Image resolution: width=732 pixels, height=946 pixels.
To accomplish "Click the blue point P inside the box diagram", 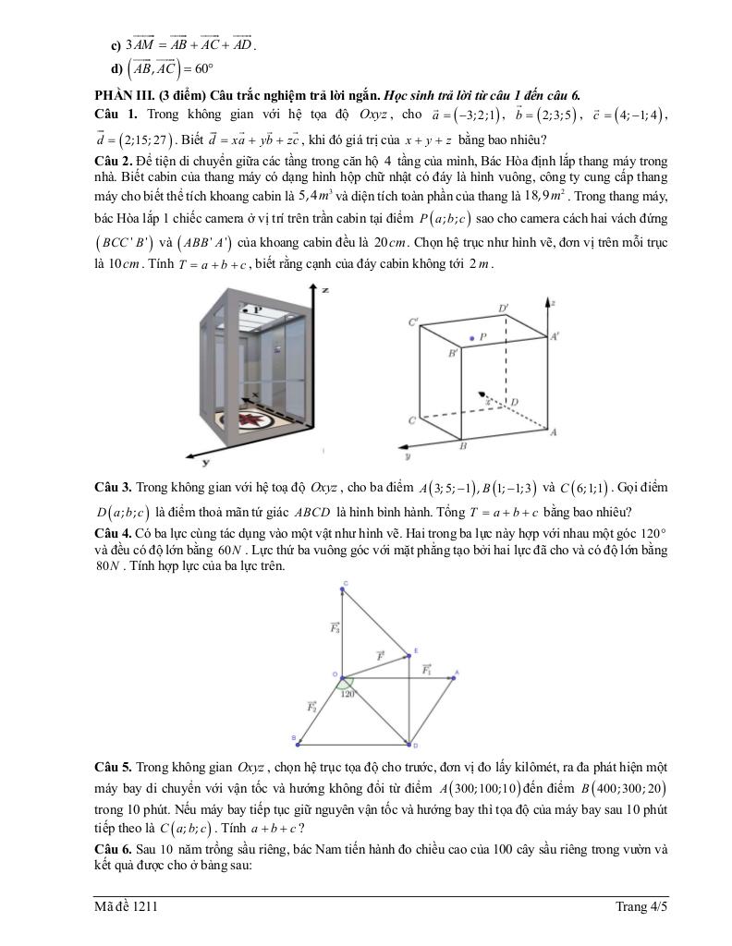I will pyautogui.click(x=471, y=339).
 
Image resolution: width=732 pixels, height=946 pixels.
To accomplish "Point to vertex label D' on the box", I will pyautogui.click(x=503, y=308).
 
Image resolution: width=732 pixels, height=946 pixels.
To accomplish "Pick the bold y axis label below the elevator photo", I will pyautogui.click(x=205, y=462).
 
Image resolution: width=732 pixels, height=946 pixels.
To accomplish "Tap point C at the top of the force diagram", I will pyautogui.click(x=344, y=584).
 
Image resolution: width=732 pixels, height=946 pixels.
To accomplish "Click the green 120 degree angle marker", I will pyautogui.click(x=347, y=687).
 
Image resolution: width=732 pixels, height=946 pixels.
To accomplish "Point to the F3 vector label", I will pyautogui.click(x=335, y=627).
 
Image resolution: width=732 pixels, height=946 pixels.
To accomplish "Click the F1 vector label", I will pyautogui.click(x=427, y=668).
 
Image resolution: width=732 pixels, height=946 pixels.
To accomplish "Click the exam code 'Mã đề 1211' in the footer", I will pyautogui.click(x=126, y=907).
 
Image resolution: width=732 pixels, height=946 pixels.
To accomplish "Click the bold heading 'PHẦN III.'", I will pyautogui.click(x=125, y=94).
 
